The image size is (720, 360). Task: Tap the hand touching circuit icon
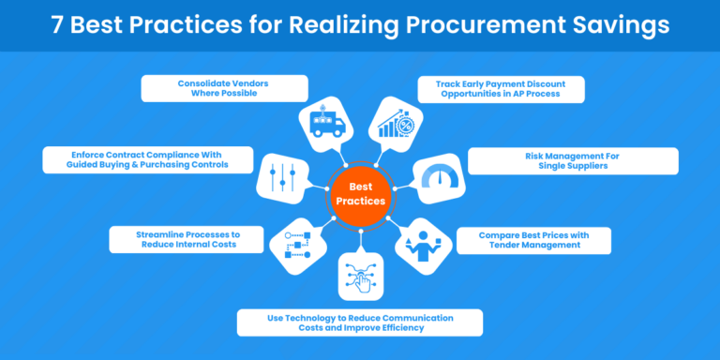coord(360,277)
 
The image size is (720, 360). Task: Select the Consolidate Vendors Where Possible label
coord(223,89)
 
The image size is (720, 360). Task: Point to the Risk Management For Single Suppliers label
coord(572,160)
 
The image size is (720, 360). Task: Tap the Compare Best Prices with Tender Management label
coord(532,239)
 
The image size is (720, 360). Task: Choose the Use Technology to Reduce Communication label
coord(359,322)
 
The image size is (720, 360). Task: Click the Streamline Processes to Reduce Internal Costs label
coord(185,238)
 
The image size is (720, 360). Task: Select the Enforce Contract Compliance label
coord(148,158)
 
